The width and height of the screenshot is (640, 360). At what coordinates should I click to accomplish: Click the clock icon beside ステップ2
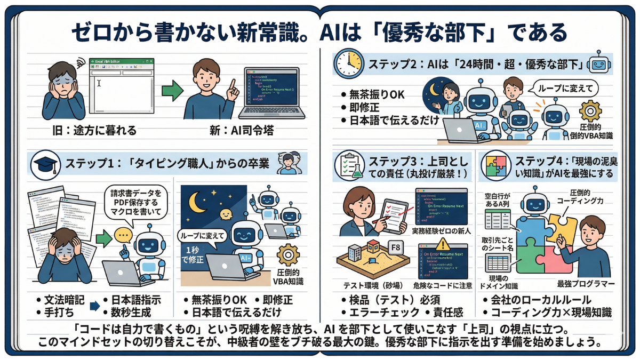pos(348,65)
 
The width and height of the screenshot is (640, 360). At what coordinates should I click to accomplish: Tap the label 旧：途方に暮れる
pos(77,130)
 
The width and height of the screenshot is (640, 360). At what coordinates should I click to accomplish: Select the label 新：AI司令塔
pos(240,130)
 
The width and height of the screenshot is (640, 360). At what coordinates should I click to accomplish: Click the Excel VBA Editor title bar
pos(121,62)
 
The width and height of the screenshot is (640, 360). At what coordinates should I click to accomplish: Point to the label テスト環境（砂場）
pos(370,285)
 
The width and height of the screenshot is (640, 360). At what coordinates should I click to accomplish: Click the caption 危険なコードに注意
pos(443,285)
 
